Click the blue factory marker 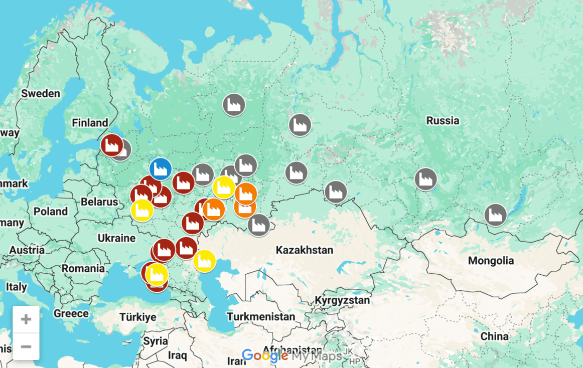coord(161,168)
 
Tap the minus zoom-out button coord(26,346)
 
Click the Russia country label coord(443,120)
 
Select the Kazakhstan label coord(304,250)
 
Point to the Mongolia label coord(491,261)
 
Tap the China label coord(494,336)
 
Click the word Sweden coord(40,94)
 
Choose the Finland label coord(90,123)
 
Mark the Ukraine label coord(116,238)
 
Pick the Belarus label coord(99,202)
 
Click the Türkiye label coord(137,317)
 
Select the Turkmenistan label coord(261,317)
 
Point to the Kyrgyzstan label coord(342,300)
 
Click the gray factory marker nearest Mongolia coord(495,215)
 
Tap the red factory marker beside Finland coord(111,145)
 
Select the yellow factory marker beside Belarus coord(142,210)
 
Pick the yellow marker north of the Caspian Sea coord(204,261)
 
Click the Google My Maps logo coord(291,356)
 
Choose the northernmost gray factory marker coord(233,105)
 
